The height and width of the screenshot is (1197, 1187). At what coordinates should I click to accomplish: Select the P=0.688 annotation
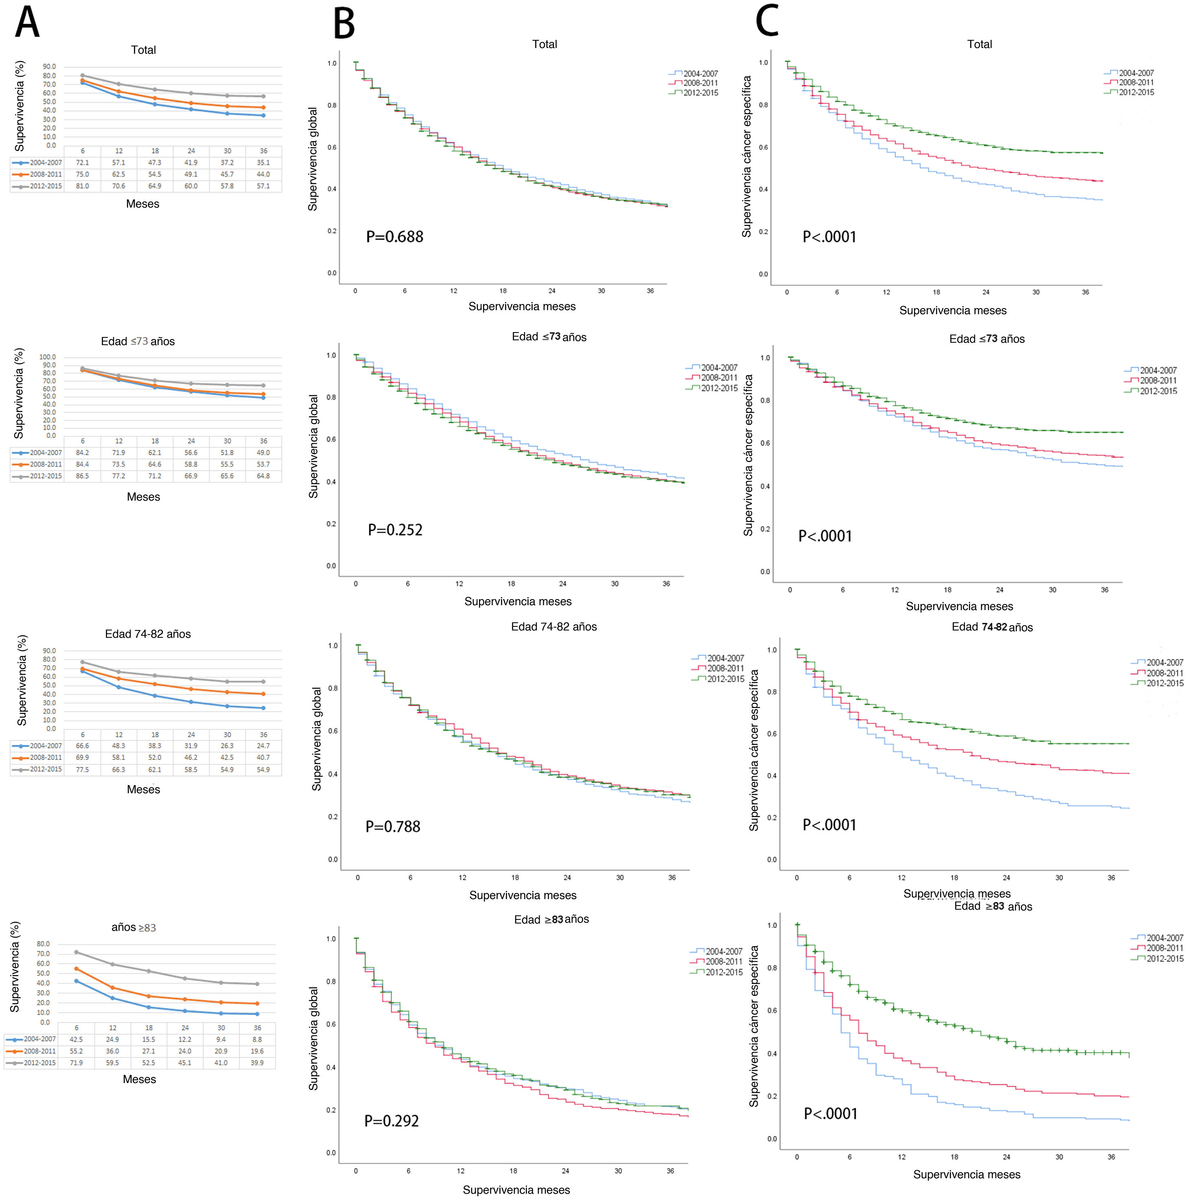(395, 237)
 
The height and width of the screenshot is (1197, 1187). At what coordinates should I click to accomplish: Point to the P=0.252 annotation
(395, 530)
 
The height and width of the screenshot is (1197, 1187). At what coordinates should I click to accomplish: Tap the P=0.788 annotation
(393, 827)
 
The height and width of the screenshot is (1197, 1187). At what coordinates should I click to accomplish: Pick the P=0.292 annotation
(391, 1121)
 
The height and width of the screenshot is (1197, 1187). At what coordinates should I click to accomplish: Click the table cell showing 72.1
(82, 163)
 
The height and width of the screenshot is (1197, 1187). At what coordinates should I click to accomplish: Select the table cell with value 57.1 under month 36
(263, 186)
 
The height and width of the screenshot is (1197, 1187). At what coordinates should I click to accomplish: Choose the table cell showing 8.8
(257, 1039)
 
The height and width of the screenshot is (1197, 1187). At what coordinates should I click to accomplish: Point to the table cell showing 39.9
(257, 1063)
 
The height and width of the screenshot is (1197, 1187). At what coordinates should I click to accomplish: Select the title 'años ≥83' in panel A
(134, 928)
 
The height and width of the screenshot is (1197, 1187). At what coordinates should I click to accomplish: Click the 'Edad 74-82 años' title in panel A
(148, 634)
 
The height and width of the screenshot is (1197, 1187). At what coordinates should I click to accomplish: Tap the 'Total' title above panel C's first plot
(979, 44)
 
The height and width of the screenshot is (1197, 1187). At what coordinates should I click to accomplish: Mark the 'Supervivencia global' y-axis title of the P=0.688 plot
(313, 159)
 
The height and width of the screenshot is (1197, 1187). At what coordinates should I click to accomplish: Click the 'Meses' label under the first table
(142, 204)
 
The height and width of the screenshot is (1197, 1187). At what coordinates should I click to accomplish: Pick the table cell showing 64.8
(263, 476)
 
